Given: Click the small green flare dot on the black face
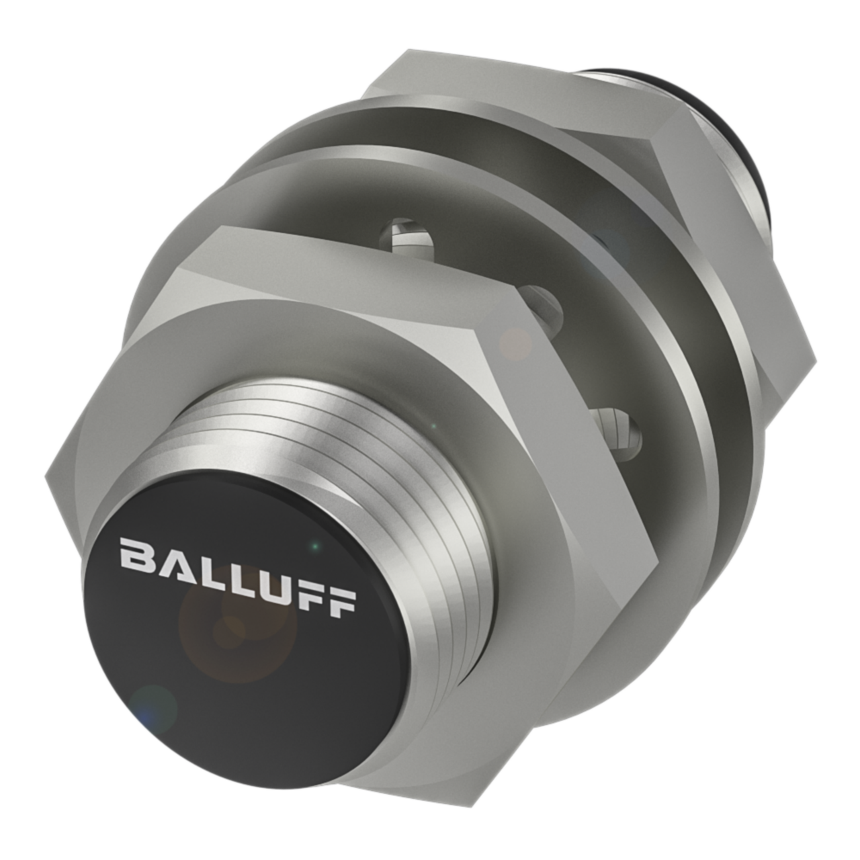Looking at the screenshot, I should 313,547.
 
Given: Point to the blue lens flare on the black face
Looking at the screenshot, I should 153,705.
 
